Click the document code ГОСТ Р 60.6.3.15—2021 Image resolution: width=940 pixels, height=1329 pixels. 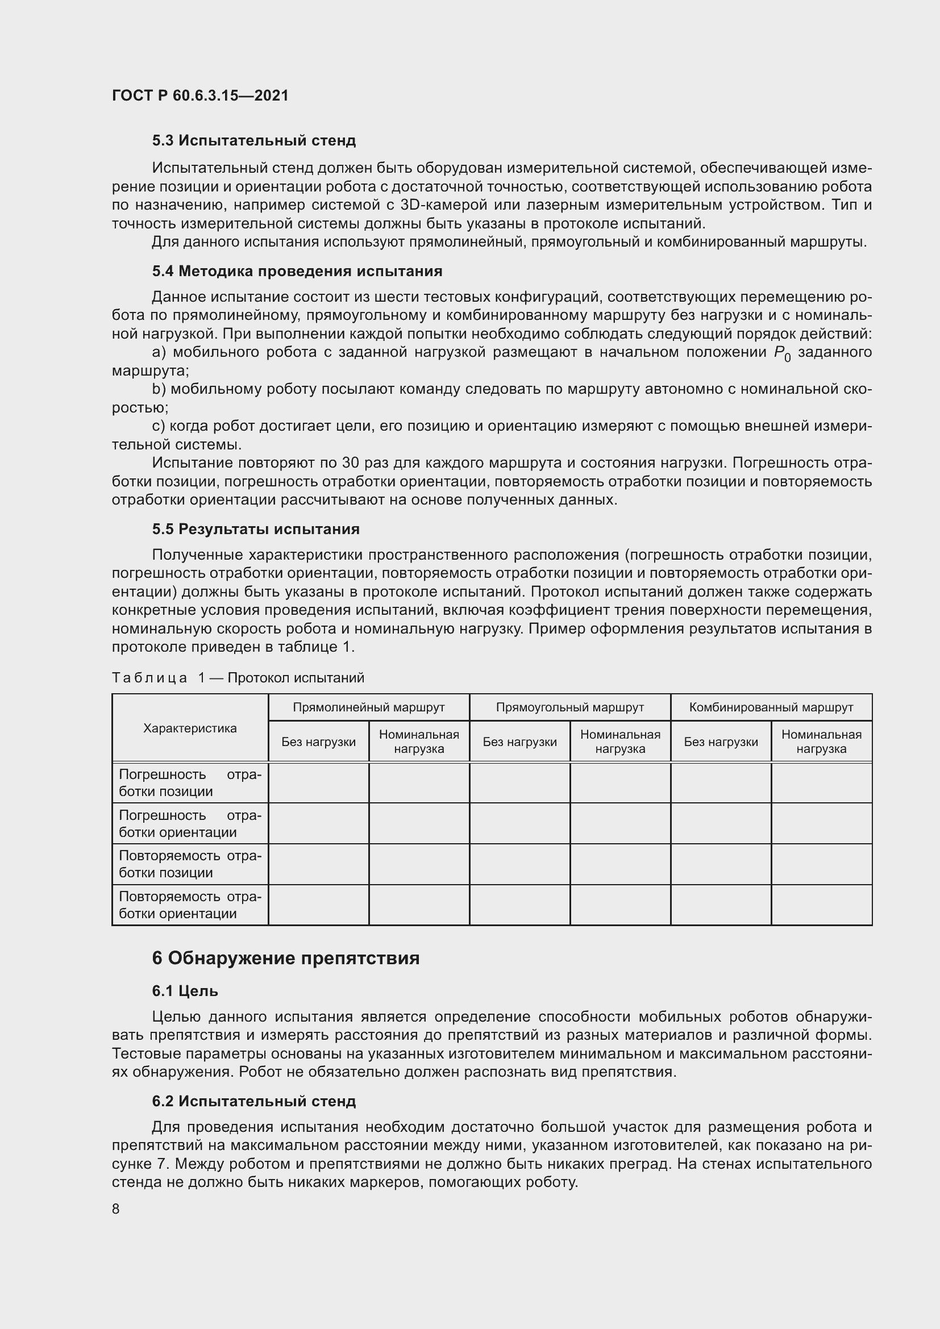199,95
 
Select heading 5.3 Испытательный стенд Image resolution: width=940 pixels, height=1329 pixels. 253,141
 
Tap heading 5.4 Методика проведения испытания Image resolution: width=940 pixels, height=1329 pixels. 297,271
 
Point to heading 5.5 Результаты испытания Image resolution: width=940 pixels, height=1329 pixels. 255,529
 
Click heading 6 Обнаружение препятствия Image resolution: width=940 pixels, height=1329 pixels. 285,959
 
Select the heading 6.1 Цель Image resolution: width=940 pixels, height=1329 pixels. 185,991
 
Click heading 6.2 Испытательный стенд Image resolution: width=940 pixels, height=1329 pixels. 253,1101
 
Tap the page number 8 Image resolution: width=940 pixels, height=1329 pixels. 116,1209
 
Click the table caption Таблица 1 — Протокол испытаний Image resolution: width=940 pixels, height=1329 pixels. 238,677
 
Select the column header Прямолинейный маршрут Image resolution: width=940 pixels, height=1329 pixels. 369,707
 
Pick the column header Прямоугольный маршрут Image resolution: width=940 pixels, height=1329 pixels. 569,707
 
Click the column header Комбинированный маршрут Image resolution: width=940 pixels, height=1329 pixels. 771,707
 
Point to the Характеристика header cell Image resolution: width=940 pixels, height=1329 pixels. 190,728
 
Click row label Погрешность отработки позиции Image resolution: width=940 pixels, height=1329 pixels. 190,782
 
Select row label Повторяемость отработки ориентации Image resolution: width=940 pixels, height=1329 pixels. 190,905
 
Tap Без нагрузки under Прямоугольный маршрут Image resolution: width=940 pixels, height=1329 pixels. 519,742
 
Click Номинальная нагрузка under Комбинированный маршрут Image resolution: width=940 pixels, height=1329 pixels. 821,741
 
